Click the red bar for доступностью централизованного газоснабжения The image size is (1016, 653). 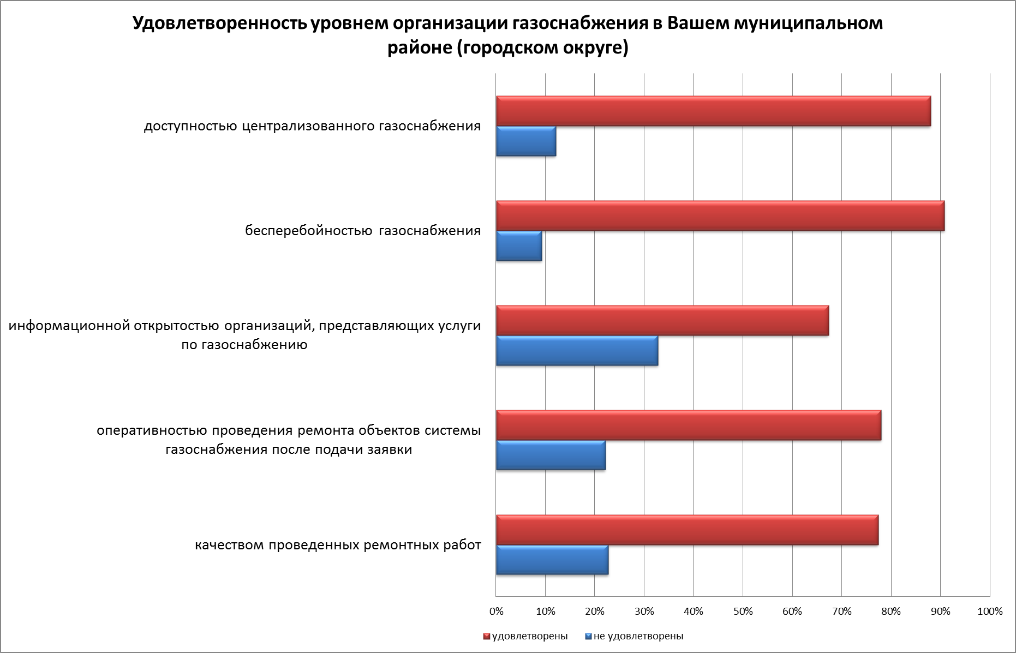point(713,111)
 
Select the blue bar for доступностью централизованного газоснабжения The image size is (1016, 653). point(526,141)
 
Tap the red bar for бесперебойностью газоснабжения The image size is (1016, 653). point(720,216)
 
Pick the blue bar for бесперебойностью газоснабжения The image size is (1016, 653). point(519,246)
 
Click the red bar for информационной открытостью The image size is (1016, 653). point(662,321)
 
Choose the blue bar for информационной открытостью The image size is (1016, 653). point(577,351)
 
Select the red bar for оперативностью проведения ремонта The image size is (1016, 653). point(689,426)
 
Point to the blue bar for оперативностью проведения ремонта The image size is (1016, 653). point(551,456)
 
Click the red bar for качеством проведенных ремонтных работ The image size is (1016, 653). point(687,530)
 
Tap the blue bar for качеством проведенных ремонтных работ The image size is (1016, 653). point(552,560)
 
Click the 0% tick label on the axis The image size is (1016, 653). point(496,612)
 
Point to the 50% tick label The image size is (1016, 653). point(743,612)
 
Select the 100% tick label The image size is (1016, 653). point(990,612)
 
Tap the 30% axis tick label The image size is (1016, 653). point(644,612)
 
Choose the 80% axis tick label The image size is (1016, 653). point(891,612)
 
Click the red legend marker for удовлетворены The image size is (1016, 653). point(487,637)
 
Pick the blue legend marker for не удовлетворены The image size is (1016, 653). point(588,637)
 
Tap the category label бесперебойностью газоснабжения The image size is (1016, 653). point(363,231)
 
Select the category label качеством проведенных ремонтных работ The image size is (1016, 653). point(338,545)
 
